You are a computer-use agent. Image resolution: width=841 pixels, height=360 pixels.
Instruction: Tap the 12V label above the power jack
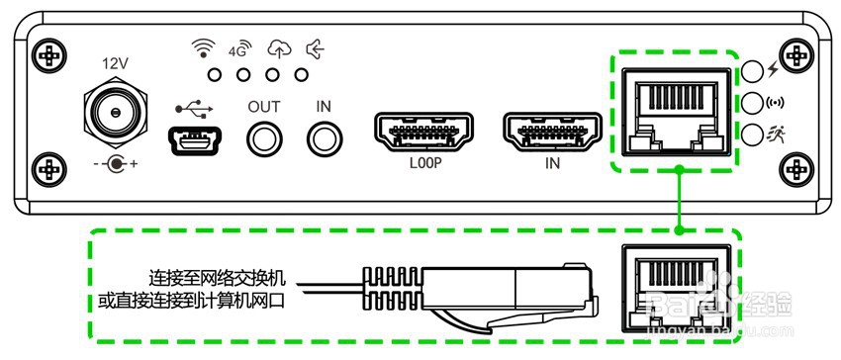tap(116, 63)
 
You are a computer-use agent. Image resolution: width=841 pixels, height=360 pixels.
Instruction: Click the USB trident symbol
tap(191, 106)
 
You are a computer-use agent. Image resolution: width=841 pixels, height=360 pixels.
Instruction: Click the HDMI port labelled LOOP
tap(423, 134)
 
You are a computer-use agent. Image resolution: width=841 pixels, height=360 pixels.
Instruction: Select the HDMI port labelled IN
tap(552, 134)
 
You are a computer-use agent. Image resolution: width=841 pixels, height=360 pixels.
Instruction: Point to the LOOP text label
tap(423, 164)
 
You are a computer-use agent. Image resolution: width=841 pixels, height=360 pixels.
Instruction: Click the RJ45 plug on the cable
tap(505, 294)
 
